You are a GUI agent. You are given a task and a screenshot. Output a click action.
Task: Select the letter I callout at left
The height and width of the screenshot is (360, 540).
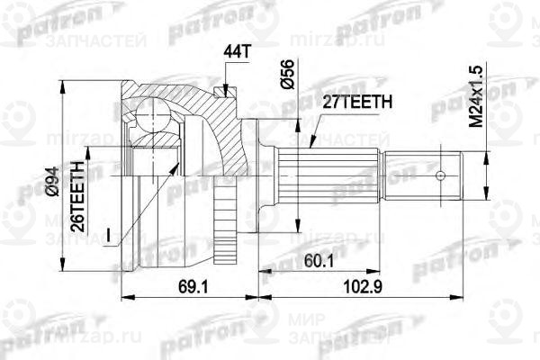(107, 236)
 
